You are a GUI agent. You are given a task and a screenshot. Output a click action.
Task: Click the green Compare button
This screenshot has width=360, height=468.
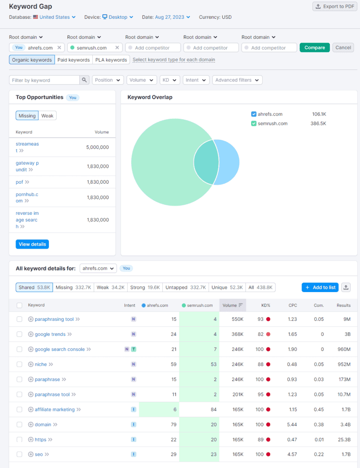(314, 48)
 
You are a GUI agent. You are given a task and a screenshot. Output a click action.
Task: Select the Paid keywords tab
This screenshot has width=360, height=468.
(73, 60)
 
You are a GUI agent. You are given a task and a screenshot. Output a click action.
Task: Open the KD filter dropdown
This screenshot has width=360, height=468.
(169, 80)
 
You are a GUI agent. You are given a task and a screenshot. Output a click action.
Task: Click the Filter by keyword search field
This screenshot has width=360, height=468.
(44, 80)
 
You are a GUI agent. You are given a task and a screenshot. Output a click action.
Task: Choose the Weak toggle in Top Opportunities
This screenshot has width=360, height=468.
(48, 116)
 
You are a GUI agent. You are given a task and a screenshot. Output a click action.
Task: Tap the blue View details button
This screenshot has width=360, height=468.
(32, 244)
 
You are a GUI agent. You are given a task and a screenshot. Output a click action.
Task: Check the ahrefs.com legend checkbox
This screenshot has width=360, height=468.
(254, 114)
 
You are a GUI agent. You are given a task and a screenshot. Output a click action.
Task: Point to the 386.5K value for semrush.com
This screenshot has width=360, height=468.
(318, 123)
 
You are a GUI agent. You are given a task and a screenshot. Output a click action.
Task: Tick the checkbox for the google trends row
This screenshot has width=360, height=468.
(20, 334)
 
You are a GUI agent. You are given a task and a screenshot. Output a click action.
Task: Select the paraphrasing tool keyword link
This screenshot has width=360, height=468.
(54, 319)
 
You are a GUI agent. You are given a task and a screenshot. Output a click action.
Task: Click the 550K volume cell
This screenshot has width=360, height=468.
(237, 319)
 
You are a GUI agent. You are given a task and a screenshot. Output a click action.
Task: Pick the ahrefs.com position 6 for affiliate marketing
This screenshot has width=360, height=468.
(174, 409)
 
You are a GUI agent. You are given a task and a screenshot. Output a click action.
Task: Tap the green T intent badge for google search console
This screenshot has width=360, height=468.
(134, 349)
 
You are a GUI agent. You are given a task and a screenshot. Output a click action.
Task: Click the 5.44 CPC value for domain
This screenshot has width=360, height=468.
(291, 425)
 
